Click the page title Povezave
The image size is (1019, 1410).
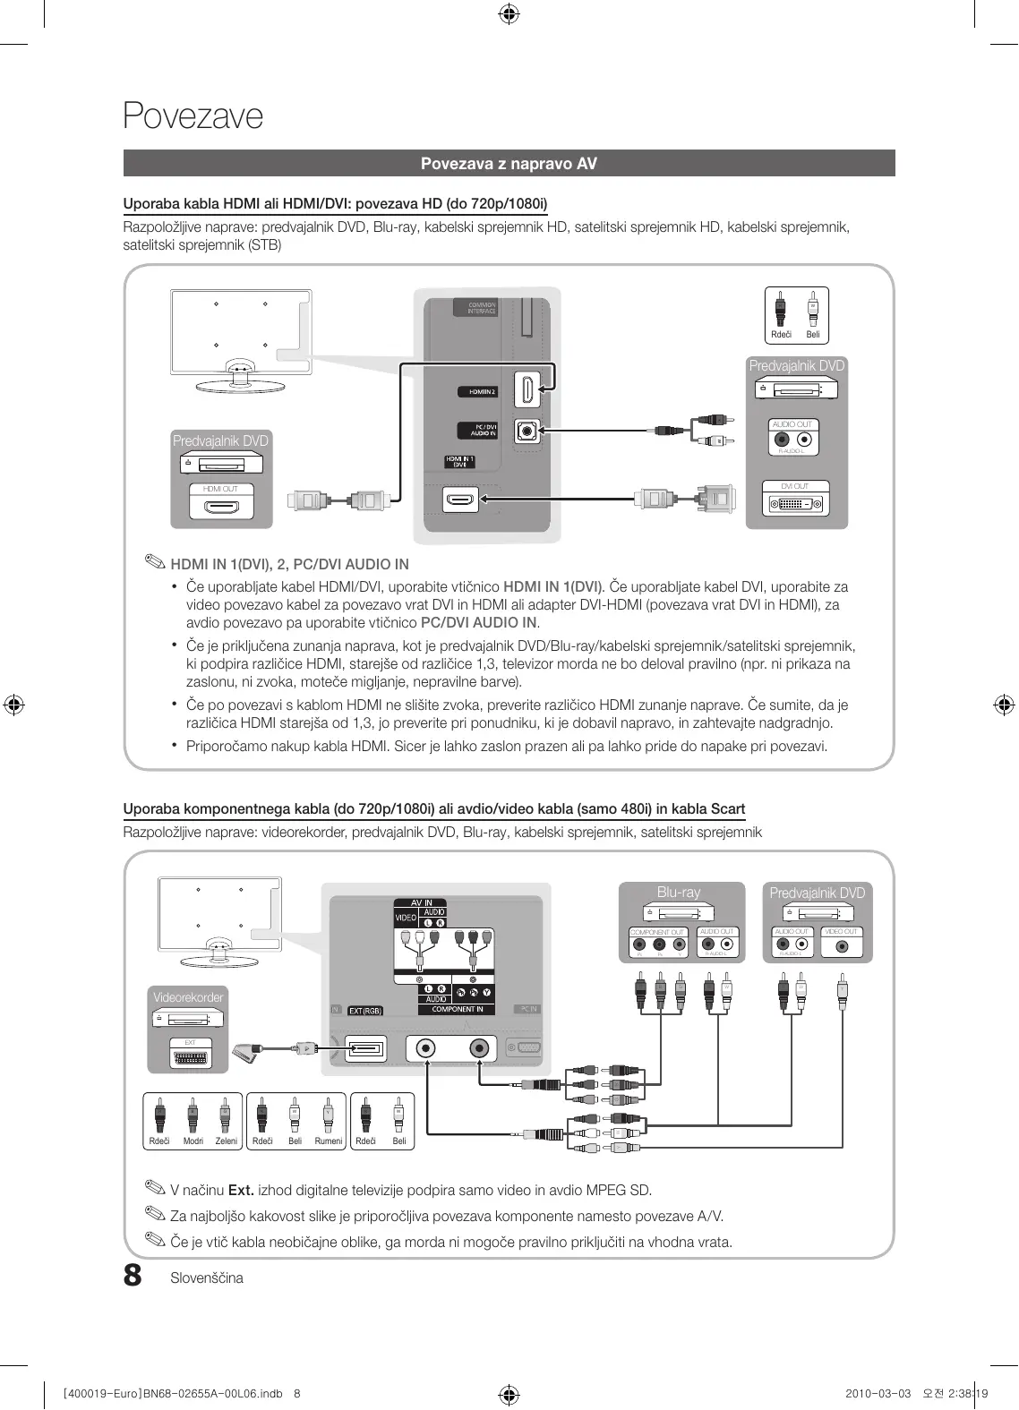[193, 116]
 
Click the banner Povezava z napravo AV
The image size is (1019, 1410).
[509, 164]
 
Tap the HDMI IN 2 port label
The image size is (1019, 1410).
[478, 392]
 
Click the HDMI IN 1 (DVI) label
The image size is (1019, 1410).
[459, 462]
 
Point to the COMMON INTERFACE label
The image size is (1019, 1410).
[481, 308]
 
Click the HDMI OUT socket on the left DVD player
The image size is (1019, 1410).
[220, 507]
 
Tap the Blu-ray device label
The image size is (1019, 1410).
[679, 893]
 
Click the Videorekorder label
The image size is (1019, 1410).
[188, 997]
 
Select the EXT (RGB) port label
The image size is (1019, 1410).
[364, 1011]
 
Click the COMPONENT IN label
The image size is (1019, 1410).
[457, 1009]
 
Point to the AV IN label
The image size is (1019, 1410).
[421, 903]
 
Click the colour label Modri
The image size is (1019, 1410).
[193, 1141]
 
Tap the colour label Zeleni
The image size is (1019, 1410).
[226, 1141]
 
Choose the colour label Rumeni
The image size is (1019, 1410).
[328, 1141]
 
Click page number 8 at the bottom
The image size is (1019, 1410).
[133, 1275]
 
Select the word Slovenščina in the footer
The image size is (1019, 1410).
[207, 1278]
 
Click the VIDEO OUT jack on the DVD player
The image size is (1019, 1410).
[841, 947]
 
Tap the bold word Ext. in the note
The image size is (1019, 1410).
[241, 1191]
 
